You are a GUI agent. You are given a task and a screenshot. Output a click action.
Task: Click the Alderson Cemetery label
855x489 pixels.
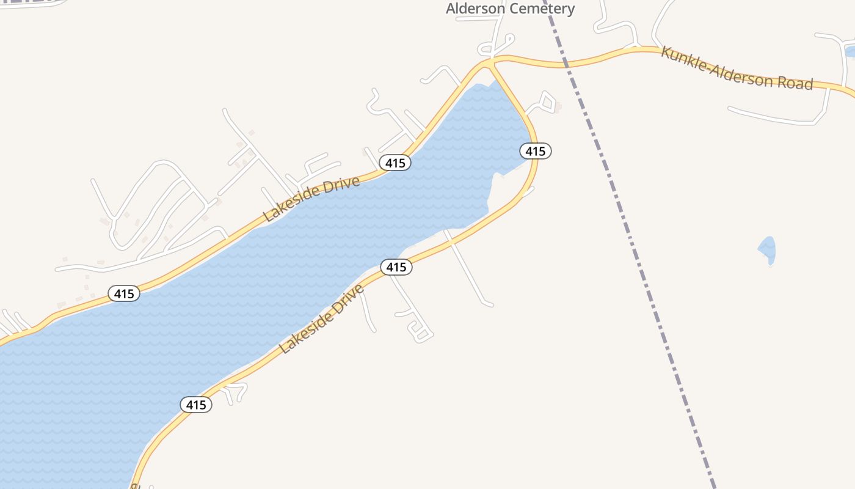(x=510, y=9)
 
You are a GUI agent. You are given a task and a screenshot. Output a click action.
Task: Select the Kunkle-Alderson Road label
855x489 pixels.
(x=737, y=68)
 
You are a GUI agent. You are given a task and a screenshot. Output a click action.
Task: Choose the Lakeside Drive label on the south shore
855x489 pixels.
(x=322, y=318)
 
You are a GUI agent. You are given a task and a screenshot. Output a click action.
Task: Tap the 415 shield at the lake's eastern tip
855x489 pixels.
(x=536, y=151)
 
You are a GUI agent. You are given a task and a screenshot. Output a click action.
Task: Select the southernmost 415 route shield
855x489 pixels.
(x=196, y=405)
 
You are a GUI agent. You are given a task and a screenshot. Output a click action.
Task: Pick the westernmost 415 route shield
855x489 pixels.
(x=124, y=294)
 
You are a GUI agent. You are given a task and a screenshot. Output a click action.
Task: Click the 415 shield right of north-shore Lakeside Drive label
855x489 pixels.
(x=395, y=163)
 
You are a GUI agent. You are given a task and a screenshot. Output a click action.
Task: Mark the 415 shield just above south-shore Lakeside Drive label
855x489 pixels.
(x=396, y=267)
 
